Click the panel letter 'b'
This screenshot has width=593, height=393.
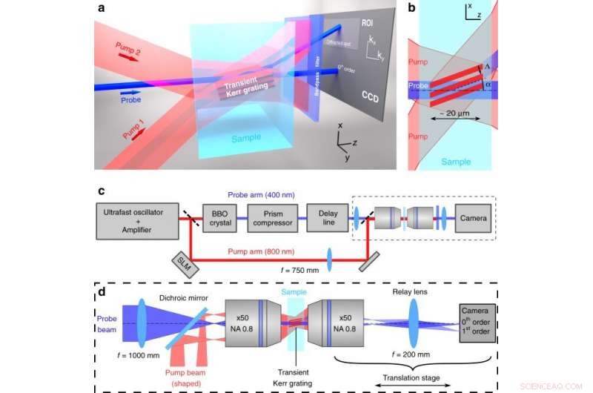[413, 10]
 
